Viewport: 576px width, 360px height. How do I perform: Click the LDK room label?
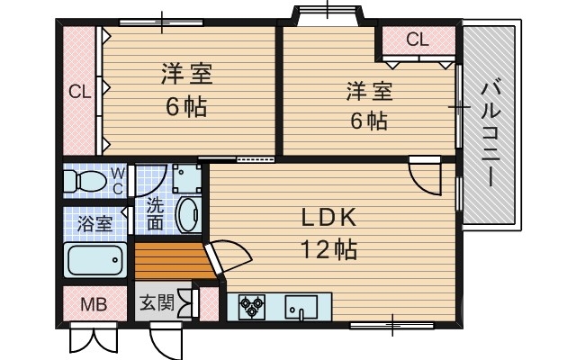click(x=329, y=217)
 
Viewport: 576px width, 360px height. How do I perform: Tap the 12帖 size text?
click(x=329, y=247)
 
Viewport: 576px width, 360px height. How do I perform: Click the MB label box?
click(x=94, y=304)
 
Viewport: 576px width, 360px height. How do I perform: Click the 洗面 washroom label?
click(x=155, y=213)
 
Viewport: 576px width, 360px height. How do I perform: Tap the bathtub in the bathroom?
click(x=94, y=262)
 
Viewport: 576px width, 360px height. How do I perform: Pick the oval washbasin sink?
click(x=187, y=216)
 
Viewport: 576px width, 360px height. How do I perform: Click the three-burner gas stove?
click(x=252, y=307)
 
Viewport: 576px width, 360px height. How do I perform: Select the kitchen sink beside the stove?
click(x=301, y=307)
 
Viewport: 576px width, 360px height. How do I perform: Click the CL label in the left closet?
click(x=79, y=91)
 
